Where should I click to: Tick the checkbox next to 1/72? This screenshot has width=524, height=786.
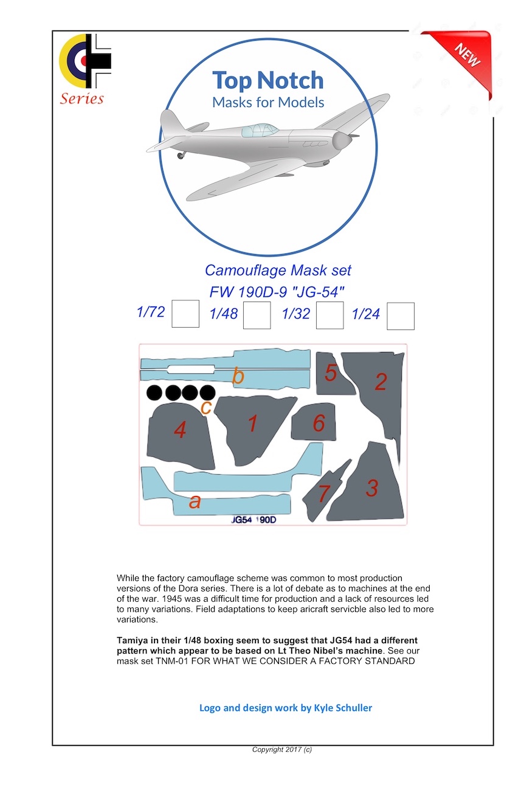click(x=185, y=314)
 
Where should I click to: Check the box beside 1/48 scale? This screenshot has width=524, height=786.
click(x=257, y=315)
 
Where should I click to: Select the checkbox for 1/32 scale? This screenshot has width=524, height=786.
click(x=330, y=315)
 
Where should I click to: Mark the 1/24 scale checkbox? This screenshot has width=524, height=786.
click(x=401, y=316)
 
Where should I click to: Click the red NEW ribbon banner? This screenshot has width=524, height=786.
click(x=464, y=58)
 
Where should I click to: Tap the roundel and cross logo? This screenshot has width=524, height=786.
click(x=85, y=61)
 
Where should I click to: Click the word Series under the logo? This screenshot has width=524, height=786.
click(x=82, y=99)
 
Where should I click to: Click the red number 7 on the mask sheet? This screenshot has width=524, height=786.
click(x=323, y=494)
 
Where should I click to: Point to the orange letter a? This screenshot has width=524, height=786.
click(x=195, y=502)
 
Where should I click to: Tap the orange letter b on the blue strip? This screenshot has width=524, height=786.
click(x=238, y=377)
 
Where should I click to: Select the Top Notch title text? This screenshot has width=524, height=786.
click(x=267, y=80)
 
